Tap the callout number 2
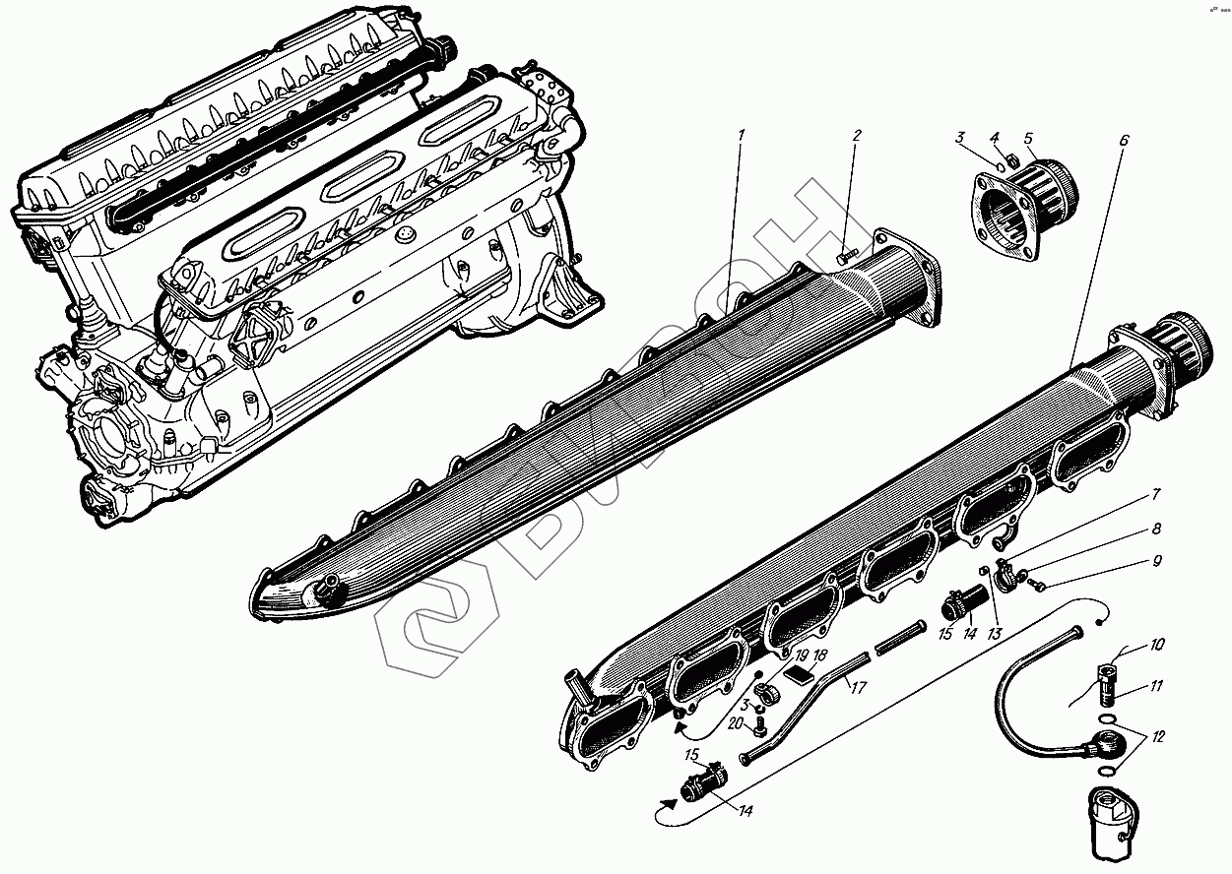(x=856, y=135)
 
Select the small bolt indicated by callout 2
(x=845, y=255)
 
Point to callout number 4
(x=995, y=138)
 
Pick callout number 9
(x=1157, y=562)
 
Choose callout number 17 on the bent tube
(x=858, y=688)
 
